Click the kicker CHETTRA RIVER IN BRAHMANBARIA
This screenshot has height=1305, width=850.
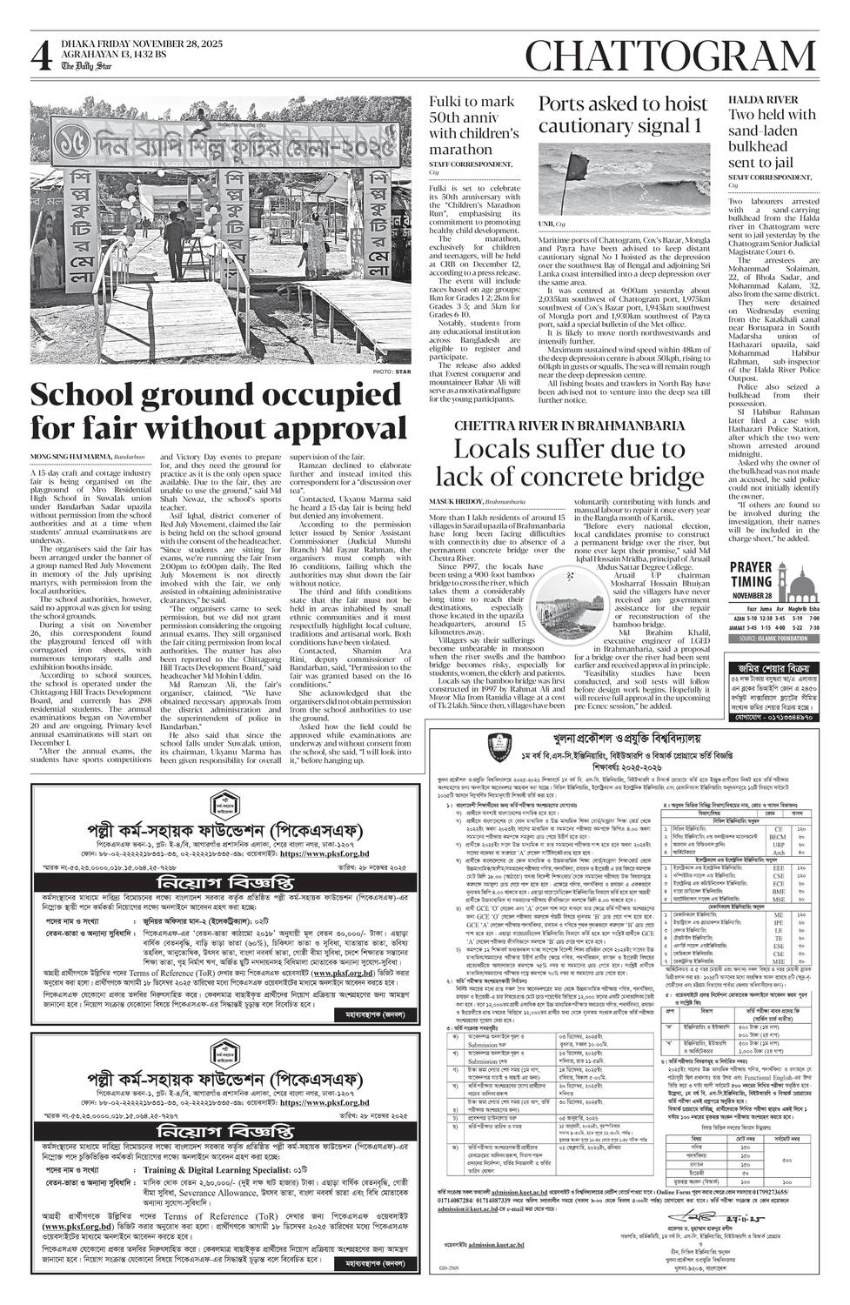(569, 425)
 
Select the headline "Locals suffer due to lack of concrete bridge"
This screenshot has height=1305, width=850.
(569, 463)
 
